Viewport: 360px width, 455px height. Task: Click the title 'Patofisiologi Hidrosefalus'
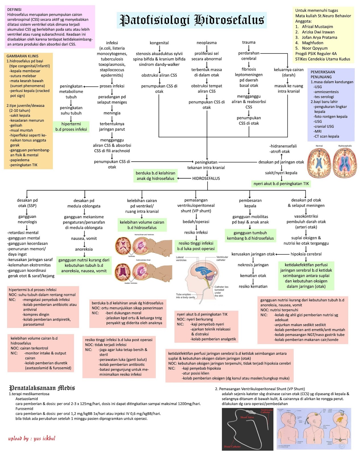(x=192, y=20)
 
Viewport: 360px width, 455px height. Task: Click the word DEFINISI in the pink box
(x=14, y=10)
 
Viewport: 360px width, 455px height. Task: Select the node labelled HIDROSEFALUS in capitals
(x=206, y=179)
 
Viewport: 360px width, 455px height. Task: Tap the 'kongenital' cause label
(x=159, y=43)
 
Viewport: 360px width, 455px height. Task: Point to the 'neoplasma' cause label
(x=206, y=43)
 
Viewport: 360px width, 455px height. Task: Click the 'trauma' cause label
(x=249, y=42)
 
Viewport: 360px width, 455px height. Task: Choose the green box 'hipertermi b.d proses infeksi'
(x=71, y=127)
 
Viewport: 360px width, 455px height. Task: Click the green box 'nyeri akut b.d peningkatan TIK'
(x=281, y=184)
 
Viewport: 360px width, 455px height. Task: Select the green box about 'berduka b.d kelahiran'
(x=155, y=176)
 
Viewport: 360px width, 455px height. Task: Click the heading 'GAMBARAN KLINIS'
(x=22, y=56)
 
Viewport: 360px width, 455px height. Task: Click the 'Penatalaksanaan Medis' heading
(x=42, y=388)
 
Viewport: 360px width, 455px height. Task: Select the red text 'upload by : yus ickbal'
(x=32, y=438)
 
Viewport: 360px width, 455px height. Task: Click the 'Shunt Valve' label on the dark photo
(x=247, y=417)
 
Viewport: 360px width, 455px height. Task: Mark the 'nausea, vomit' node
(x=84, y=239)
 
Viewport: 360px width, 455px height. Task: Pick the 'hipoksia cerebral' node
(x=306, y=254)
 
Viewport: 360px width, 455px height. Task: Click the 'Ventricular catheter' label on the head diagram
(x=222, y=258)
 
